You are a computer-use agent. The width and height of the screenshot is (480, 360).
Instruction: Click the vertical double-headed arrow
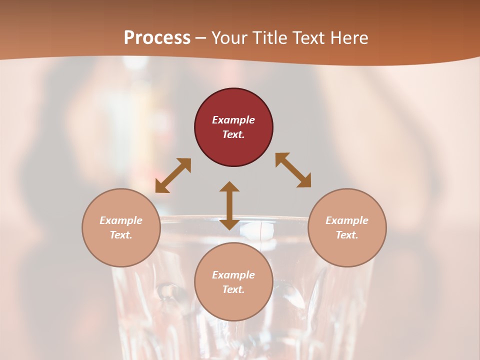click(229, 205)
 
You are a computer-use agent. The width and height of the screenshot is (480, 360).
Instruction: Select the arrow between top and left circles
click(173, 175)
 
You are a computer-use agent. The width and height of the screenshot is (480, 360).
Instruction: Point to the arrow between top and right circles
click(293, 170)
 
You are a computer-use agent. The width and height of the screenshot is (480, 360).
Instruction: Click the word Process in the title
click(157, 37)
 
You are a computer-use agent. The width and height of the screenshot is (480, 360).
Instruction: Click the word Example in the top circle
click(233, 120)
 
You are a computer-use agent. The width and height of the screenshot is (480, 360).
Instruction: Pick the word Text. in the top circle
click(233, 134)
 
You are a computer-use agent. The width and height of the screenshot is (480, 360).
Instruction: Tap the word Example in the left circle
click(121, 220)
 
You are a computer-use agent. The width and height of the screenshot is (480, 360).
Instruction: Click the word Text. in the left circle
click(121, 235)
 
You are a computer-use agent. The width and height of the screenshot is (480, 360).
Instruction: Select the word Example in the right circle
click(347, 220)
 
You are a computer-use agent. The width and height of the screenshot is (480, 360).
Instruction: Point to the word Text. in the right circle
click(347, 235)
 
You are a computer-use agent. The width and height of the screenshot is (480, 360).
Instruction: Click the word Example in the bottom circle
click(233, 275)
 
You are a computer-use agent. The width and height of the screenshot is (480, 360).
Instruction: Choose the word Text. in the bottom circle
click(233, 289)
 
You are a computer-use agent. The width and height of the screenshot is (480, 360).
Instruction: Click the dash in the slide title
click(201, 38)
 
